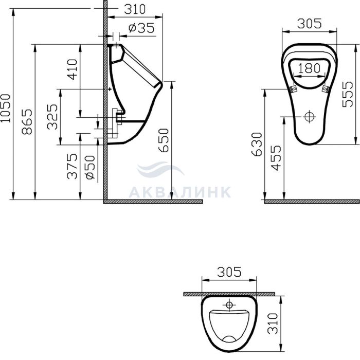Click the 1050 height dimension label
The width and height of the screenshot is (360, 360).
click(x=6, y=108)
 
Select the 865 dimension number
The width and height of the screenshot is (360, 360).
click(x=27, y=121)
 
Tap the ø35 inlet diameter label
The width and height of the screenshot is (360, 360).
click(x=141, y=28)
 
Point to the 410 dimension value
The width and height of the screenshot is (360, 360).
click(x=72, y=69)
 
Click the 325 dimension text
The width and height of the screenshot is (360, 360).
click(x=52, y=117)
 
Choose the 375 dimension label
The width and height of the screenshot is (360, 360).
click(x=72, y=166)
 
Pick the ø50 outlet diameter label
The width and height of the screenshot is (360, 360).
click(x=90, y=167)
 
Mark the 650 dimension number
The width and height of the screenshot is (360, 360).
click(x=164, y=140)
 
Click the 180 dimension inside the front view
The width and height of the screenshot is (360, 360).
click(x=310, y=68)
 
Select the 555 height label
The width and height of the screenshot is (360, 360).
click(x=347, y=94)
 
